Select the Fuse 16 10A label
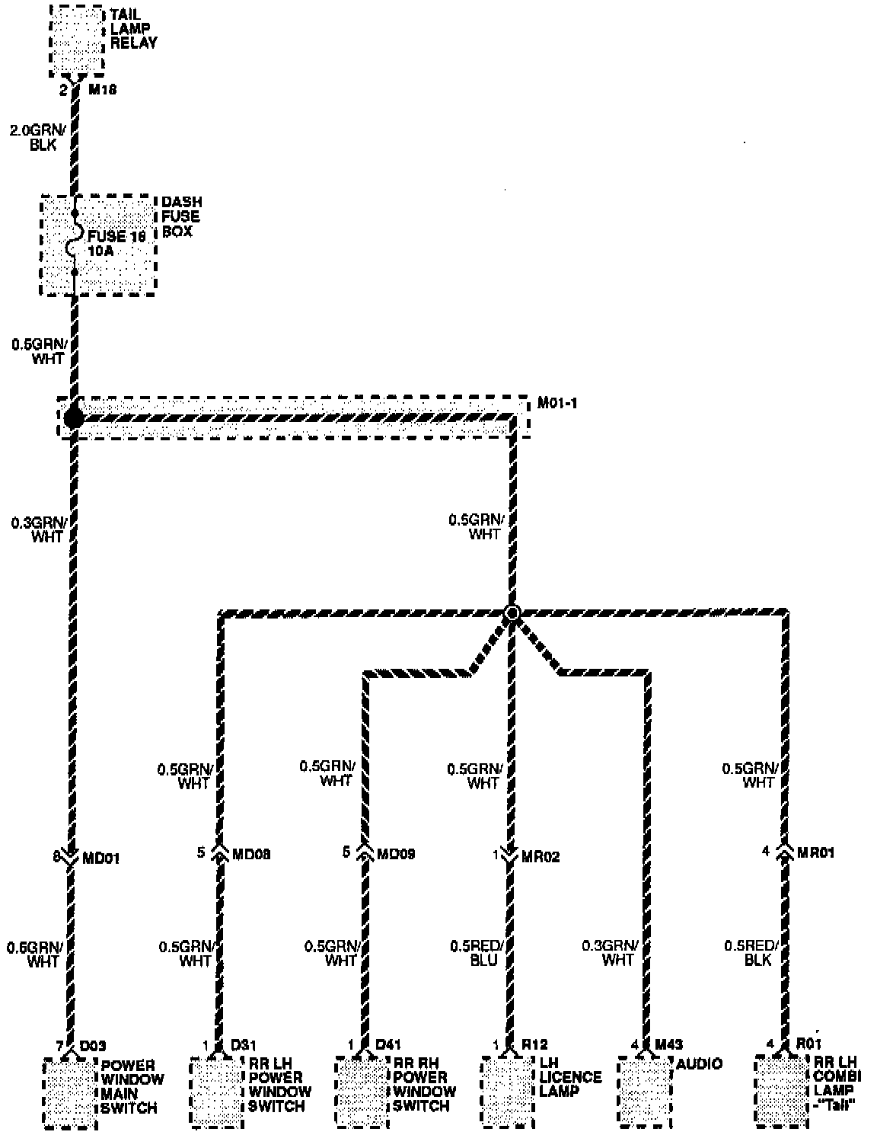(115, 243)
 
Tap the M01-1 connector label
(556, 403)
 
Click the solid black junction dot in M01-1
(74, 417)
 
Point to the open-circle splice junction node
(512, 612)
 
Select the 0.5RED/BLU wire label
(477, 952)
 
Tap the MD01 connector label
(100, 858)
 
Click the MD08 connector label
(250, 854)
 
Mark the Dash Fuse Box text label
(181, 217)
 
